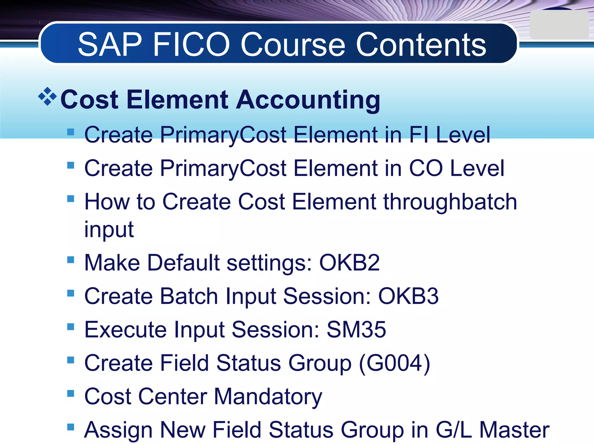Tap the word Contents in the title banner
tap(421, 45)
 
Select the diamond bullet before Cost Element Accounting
tap(47, 96)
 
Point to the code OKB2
tap(349, 262)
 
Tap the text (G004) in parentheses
tap(394, 363)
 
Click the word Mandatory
tap(268, 397)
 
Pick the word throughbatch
tap(450, 202)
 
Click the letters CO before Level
tap(426, 168)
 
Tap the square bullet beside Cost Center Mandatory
tap(70, 393)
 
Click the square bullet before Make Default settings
tap(70, 260)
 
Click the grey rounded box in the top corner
tap(559, 25)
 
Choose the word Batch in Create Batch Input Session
tap(189, 296)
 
